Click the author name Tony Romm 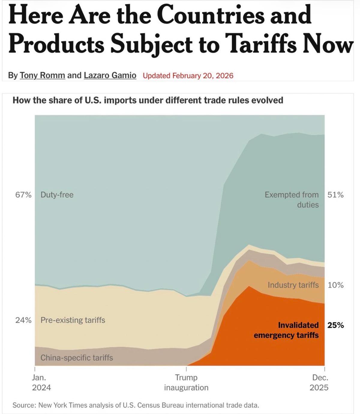click(x=42, y=75)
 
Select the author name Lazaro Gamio click(x=110, y=75)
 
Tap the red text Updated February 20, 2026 click(x=188, y=76)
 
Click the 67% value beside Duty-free click(x=23, y=195)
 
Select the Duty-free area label click(x=57, y=195)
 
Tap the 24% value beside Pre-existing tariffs click(x=23, y=320)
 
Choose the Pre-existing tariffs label click(x=73, y=320)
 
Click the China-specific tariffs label click(x=77, y=358)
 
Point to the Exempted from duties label click(x=292, y=199)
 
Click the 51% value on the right click(x=335, y=195)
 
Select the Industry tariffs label click(x=293, y=285)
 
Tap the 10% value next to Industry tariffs click(x=335, y=285)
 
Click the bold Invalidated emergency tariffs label click(x=286, y=330)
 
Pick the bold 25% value click(x=335, y=325)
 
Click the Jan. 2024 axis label click(x=41, y=382)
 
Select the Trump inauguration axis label click(x=186, y=382)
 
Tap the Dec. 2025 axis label click(x=319, y=382)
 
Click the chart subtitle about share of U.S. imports click(x=148, y=100)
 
